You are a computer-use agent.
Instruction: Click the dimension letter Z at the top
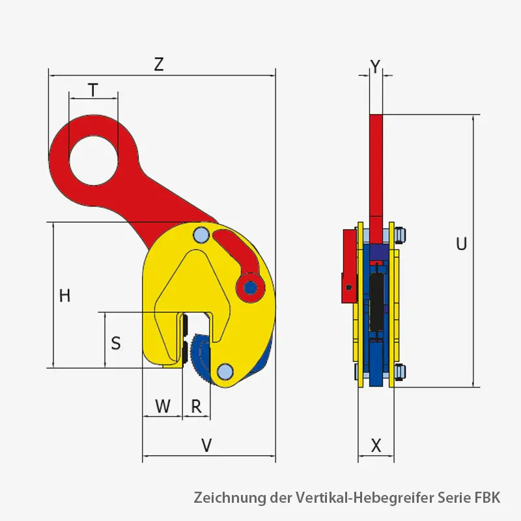click(x=158, y=64)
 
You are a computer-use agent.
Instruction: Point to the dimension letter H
click(x=64, y=296)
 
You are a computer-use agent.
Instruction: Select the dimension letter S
click(x=115, y=343)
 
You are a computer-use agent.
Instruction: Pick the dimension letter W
click(x=162, y=406)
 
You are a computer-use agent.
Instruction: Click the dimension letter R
click(x=196, y=406)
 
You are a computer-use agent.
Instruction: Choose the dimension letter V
click(x=206, y=445)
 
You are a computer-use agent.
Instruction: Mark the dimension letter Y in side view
click(x=374, y=65)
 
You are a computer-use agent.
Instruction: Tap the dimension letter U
click(x=461, y=244)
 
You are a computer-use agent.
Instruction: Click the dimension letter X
click(x=376, y=445)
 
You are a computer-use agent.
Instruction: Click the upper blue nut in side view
click(x=401, y=235)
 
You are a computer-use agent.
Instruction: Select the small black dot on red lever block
click(x=349, y=287)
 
